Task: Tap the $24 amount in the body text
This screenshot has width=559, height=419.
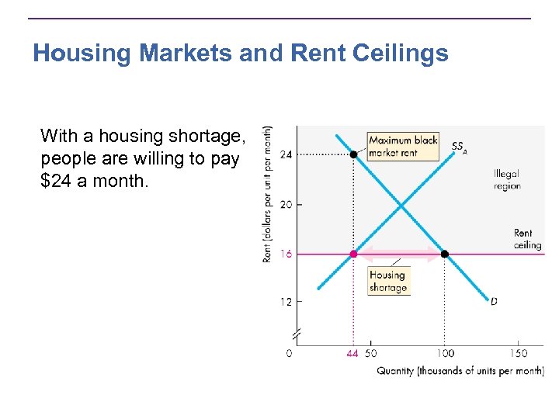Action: pyautogui.click(x=57, y=182)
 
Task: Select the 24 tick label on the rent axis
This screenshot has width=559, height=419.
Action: pyautogui.click(x=286, y=154)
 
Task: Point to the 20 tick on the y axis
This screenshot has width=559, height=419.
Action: pyautogui.click(x=286, y=205)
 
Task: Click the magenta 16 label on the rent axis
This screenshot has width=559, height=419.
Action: pyautogui.click(x=286, y=255)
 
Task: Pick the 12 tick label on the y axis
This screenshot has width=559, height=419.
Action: pyautogui.click(x=286, y=301)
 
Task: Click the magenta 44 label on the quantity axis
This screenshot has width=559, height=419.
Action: pyautogui.click(x=352, y=354)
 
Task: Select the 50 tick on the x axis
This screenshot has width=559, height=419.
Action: pyautogui.click(x=371, y=354)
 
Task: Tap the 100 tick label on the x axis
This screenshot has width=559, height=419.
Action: pyautogui.click(x=444, y=354)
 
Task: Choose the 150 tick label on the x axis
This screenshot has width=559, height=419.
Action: pyautogui.click(x=518, y=354)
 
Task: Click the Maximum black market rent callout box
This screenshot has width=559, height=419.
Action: pyautogui.click(x=402, y=147)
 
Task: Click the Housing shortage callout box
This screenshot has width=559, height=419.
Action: pyautogui.click(x=387, y=281)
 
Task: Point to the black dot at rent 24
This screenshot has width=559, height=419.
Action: pyautogui.click(x=353, y=154)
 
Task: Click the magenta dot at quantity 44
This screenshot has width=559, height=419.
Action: pyautogui.click(x=353, y=254)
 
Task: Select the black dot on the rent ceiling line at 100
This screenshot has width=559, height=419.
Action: pyautogui.click(x=445, y=254)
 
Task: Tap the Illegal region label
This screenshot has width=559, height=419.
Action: pyautogui.click(x=507, y=180)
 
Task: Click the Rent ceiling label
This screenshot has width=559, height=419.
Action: pyautogui.click(x=526, y=239)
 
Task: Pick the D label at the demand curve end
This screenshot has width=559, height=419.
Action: pyautogui.click(x=495, y=300)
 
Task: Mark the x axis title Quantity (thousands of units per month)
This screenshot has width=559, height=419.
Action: pyautogui.click(x=460, y=371)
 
